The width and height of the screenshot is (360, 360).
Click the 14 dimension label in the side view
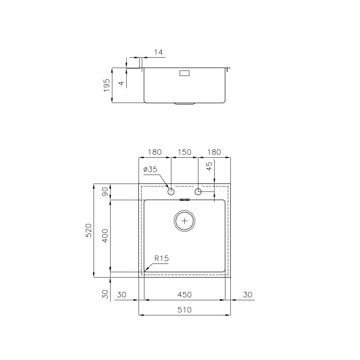click(x=158, y=52)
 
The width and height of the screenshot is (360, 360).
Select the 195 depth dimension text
click(x=107, y=85)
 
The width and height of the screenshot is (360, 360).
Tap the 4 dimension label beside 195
click(x=122, y=83)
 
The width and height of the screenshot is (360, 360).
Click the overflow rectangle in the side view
click(x=185, y=73)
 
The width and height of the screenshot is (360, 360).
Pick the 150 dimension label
click(x=184, y=152)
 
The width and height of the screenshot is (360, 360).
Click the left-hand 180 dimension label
click(x=154, y=152)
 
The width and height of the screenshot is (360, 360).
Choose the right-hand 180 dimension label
click(x=214, y=152)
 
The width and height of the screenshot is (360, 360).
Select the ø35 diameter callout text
click(x=150, y=170)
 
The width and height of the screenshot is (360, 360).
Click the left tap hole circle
click(x=171, y=192)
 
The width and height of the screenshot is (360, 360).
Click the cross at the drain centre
click(x=185, y=221)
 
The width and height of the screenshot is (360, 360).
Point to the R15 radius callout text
click(x=162, y=258)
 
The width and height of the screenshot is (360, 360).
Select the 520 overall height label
click(x=89, y=230)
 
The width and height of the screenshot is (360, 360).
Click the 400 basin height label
click(x=105, y=236)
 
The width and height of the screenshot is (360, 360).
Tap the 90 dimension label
click(x=105, y=192)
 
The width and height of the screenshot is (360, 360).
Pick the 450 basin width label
click(x=184, y=295)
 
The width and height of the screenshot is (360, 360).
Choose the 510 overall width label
click(x=184, y=310)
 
